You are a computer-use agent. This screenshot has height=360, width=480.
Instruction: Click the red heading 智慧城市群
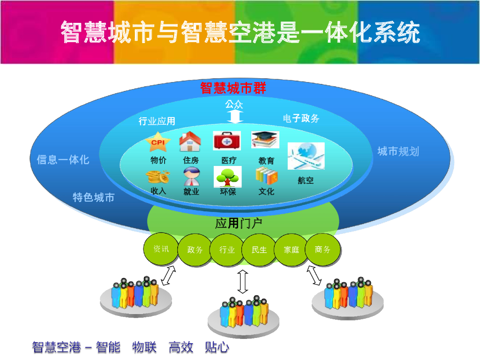233,88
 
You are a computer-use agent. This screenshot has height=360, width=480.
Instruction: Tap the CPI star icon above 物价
157,142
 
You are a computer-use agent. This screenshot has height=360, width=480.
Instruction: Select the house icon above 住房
190,142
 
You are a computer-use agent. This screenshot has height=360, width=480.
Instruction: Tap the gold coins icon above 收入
157,177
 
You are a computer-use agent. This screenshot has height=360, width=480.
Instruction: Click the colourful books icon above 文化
266,176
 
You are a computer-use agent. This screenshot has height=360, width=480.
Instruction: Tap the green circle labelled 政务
195,250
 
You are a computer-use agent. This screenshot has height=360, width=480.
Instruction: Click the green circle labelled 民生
259,250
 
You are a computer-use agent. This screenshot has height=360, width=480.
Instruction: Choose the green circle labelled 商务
322,250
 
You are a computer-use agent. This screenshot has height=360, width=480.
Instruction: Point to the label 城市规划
398,151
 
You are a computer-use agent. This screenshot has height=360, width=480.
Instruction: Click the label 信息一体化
63,160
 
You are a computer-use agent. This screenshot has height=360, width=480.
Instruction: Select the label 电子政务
301,119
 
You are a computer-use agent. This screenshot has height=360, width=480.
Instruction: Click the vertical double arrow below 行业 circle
242,281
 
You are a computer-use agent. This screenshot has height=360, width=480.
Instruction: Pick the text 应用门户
239,224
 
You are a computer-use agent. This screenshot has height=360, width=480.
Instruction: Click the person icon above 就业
191,177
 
